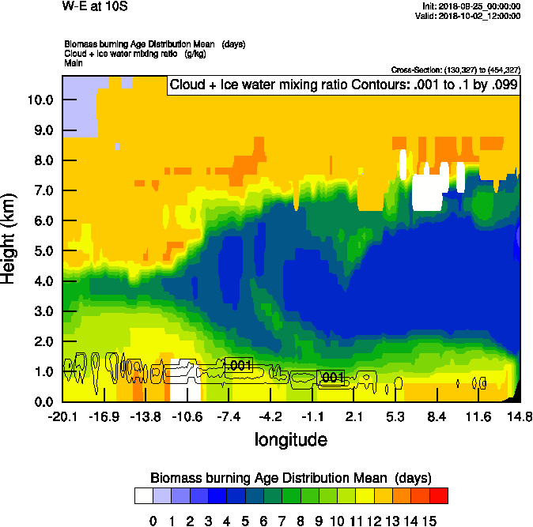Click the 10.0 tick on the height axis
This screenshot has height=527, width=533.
tap(40, 100)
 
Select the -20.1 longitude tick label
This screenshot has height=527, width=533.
tap(62, 416)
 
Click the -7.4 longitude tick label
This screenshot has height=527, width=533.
tap(229, 416)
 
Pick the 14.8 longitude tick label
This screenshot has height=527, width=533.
tap(520, 416)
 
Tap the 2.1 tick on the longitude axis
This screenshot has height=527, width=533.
tap(353, 416)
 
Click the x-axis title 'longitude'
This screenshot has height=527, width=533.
tap(290, 439)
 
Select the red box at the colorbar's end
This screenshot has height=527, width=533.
tap(439, 495)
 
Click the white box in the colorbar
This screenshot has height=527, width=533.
tap(144, 495)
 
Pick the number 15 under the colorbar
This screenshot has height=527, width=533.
tap(429, 521)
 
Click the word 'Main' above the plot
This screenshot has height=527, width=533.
tap(74, 62)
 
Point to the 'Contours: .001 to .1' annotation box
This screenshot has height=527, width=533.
tap(342, 85)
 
